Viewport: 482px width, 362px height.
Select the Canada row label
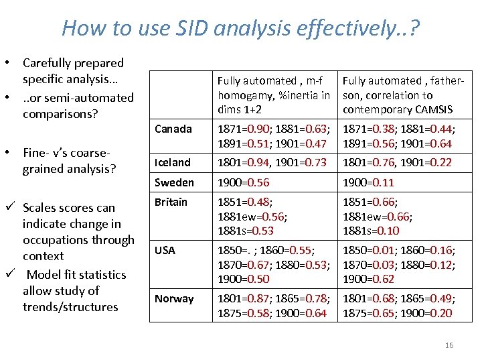tap(173, 128)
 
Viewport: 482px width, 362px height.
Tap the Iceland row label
tap(173, 162)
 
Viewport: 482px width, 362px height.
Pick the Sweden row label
tap(174, 182)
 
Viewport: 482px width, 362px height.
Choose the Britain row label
tap(172, 202)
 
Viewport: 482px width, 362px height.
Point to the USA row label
tap(165, 250)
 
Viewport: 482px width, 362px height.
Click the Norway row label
tap(174, 298)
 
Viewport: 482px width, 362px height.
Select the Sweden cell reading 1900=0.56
tap(244, 182)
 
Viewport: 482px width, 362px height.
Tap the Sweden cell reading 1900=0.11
tap(368, 182)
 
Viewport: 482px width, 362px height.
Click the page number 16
tap(449, 345)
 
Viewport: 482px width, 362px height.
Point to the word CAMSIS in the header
tap(431, 109)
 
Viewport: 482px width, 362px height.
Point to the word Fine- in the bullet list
tap(38, 153)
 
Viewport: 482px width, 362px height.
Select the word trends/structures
tap(70, 307)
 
